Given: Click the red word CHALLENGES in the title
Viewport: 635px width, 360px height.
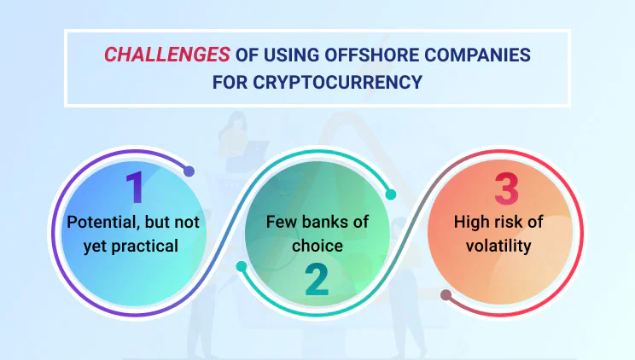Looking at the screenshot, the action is (167, 55).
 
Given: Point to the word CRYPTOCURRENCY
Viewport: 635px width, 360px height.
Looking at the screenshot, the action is (337, 82).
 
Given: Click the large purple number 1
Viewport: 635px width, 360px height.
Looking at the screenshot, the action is (135, 187).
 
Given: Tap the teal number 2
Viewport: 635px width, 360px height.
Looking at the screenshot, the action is (317, 280).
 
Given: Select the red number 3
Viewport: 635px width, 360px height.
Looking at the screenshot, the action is (506, 189).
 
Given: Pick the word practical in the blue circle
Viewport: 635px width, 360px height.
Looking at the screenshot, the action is (144, 247).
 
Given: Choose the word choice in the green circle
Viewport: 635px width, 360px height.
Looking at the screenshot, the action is (317, 246).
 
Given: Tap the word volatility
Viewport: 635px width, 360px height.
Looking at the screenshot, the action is (498, 246).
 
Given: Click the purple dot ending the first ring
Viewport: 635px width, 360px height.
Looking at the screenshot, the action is (189, 171).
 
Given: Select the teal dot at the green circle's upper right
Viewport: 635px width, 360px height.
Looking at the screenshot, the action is (390, 195).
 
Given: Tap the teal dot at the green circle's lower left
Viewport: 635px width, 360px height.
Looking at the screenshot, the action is (242, 266).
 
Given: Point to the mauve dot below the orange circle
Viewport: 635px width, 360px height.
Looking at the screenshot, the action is (446, 295).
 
